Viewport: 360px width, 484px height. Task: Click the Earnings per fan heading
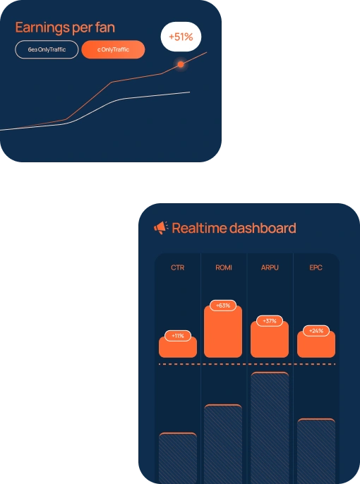coord(65,28)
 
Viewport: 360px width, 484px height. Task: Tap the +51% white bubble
coord(181,37)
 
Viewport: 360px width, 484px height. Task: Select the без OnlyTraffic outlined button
coord(47,49)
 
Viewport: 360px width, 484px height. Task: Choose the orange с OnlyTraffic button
coord(114,49)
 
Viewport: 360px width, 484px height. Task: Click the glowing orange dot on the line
coord(181,64)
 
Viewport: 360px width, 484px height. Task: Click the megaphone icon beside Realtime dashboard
coord(161,228)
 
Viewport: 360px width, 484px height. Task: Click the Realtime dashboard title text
coord(234,228)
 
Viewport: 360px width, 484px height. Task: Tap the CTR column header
coord(178,267)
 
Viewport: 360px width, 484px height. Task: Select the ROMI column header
coord(224,267)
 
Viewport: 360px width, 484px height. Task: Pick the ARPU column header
coord(270,267)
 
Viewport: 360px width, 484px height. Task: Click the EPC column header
coord(316,267)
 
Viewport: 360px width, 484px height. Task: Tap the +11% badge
coord(178,336)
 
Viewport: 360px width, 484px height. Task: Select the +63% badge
coord(223,305)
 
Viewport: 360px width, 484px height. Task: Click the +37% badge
coord(270,321)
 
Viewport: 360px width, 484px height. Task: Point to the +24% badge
coord(316,331)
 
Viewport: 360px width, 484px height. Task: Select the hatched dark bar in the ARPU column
coord(270,428)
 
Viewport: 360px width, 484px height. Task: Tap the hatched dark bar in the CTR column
coord(178,458)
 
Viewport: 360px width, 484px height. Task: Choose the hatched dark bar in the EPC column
coord(316,451)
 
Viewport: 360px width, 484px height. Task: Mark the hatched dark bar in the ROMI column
coord(223,444)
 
